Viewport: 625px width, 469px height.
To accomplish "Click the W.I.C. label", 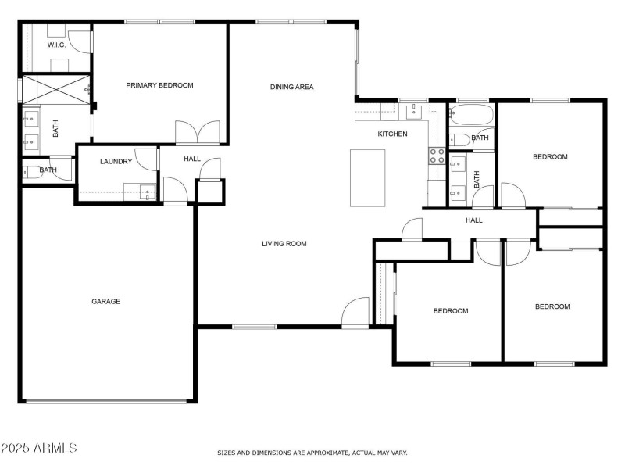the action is pyautogui.click(x=56, y=45).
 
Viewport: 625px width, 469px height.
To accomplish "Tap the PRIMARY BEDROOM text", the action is pyautogui.click(x=159, y=85).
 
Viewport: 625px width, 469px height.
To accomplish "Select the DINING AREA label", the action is pyautogui.click(x=291, y=87).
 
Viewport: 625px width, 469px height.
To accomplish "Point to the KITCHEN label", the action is pyautogui.click(x=392, y=134).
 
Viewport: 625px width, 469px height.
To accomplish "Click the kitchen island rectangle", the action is pyautogui.click(x=367, y=178).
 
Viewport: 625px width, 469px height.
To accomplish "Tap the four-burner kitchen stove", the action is pyautogui.click(x=437, y=156).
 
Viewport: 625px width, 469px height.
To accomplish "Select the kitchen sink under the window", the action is pyautogui.click(x=414, y=111).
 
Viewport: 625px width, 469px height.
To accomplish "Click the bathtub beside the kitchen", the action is pyautogui.click(x=472, y=114).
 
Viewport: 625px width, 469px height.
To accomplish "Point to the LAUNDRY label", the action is pyautogui.click(x=116, y=162).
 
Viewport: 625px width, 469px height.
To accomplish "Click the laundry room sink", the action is pyautogui.click(x=147, y=192).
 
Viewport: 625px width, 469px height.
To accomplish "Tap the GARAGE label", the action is pyautogui.click(x=105, y=302).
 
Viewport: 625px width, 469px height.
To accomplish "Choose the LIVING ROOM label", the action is pyautogui.click(x=284, y=244).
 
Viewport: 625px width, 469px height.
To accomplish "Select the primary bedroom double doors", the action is pyautogui.click(x=198, y=132).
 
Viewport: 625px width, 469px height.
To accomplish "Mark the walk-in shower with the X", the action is pyautogui.click(x=56, y=90).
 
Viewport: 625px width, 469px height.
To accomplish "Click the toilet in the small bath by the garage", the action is pyautogui.click(x=32, y=172).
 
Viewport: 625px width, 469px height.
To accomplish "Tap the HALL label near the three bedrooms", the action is pyautogui.click(x=474, y=220).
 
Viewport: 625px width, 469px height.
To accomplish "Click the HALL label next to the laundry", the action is pyautogui.click(x=192, y=159).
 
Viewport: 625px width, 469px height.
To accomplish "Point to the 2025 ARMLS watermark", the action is pyautogui.click(x=38, y=448).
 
